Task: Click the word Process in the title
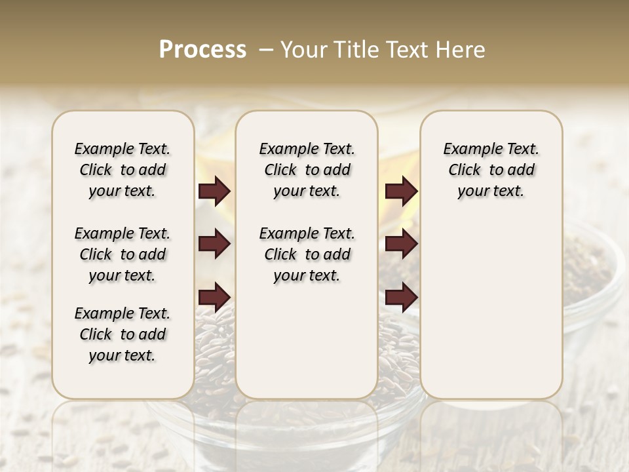tap(202, 50)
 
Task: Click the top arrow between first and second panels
tap(214, 191)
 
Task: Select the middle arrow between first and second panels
tap(214, 245)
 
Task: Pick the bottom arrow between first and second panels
tap(214, 298)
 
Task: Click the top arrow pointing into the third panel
tap(401, 191)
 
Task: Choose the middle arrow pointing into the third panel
tap(401, 245)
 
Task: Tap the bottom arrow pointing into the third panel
tap(401, 298)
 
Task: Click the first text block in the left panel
tap(123, 170)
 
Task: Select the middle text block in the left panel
tap(123, 254)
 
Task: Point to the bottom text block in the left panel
tap(123, 334)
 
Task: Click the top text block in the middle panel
tap(307, 170)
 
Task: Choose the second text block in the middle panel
tap(307, 254)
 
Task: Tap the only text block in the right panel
tap(491, 170)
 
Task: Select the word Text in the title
tap(408, 50)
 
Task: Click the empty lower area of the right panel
tap(491, 308)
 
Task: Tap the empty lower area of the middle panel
tap(307, 341)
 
